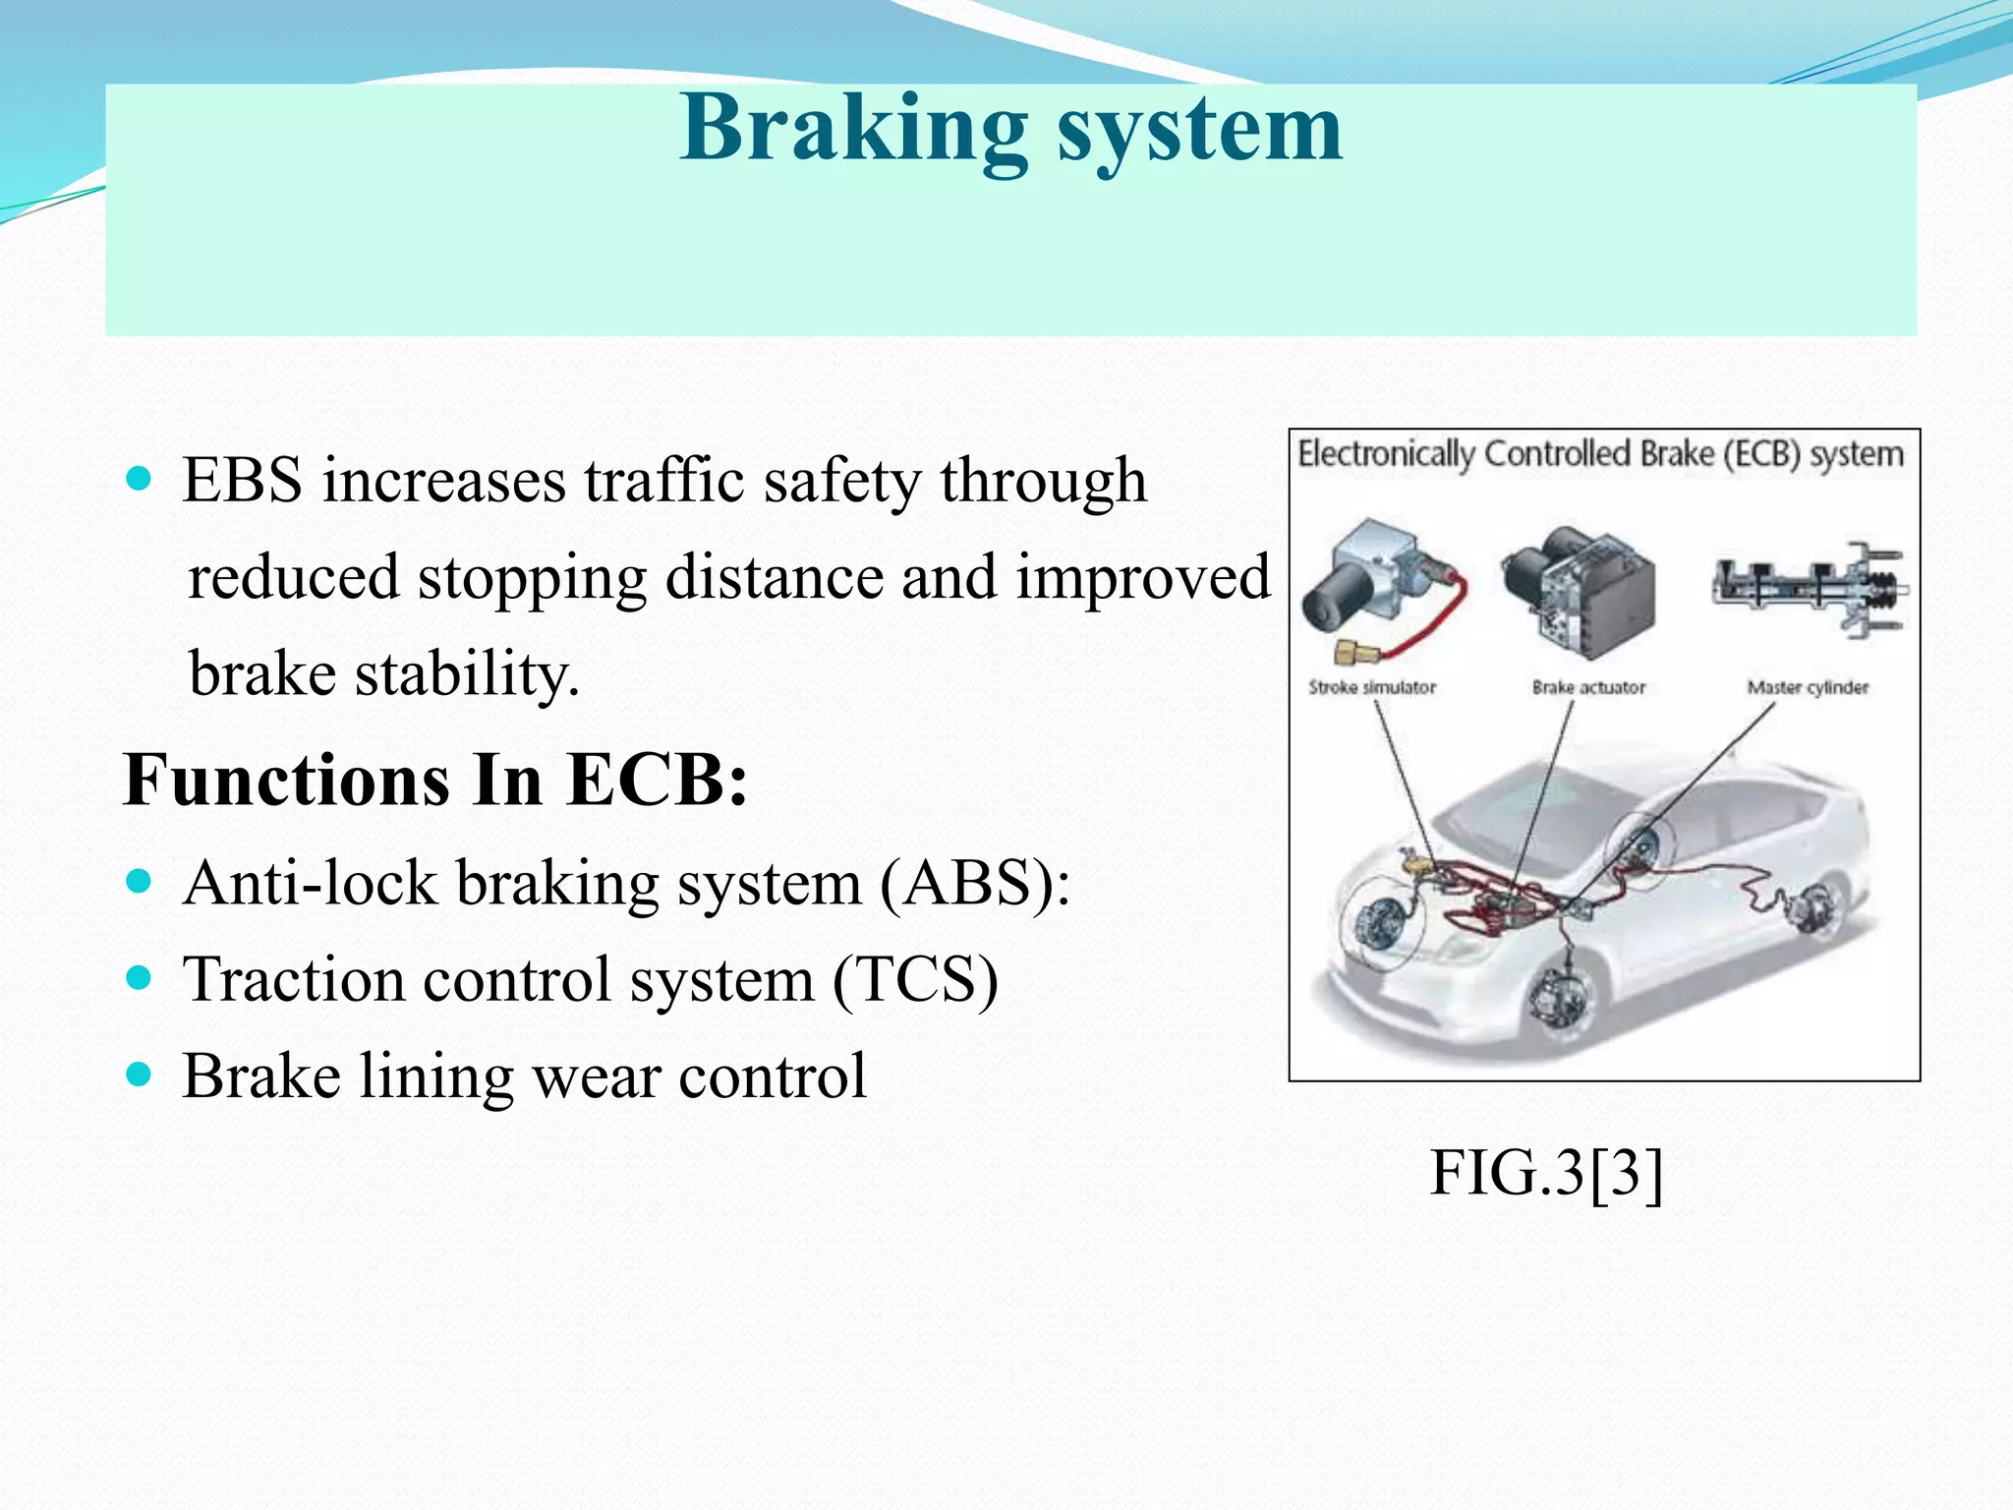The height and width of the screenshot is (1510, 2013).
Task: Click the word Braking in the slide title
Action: [853, 130]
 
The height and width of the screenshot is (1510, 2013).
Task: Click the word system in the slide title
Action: [1199, 132]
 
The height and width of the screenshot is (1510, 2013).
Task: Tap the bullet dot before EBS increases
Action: [140, 480]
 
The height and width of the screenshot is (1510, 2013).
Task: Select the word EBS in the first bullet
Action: [242, 482]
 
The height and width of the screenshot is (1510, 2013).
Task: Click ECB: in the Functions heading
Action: [658, 781]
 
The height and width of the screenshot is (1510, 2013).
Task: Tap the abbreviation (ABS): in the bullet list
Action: [974, 883]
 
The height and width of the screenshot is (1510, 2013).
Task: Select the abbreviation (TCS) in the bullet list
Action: [915, 979]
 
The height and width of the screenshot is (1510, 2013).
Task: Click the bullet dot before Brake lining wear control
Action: [140, 1074]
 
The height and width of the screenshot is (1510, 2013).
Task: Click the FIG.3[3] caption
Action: [1546, 1172]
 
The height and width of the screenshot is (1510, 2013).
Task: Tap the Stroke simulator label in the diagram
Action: [1372, 687]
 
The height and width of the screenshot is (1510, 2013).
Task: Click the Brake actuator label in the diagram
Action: [1588, 687]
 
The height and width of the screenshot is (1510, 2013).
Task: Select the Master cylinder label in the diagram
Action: [1808, 687]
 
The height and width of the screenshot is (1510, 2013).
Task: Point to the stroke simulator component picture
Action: [1376, 590]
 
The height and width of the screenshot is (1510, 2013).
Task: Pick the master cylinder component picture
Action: [1809, 588]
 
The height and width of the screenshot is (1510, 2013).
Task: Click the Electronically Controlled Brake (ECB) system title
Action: [1601, 454]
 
